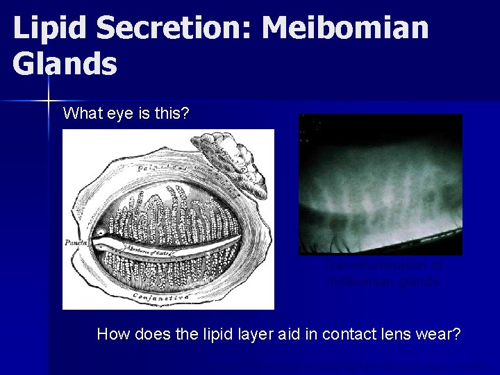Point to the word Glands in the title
pyautogui.click(x=65, y=64)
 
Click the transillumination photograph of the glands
pyautogui.click(x=380, y=184)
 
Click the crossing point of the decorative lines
pyautogui.click(x=51, y=101)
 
